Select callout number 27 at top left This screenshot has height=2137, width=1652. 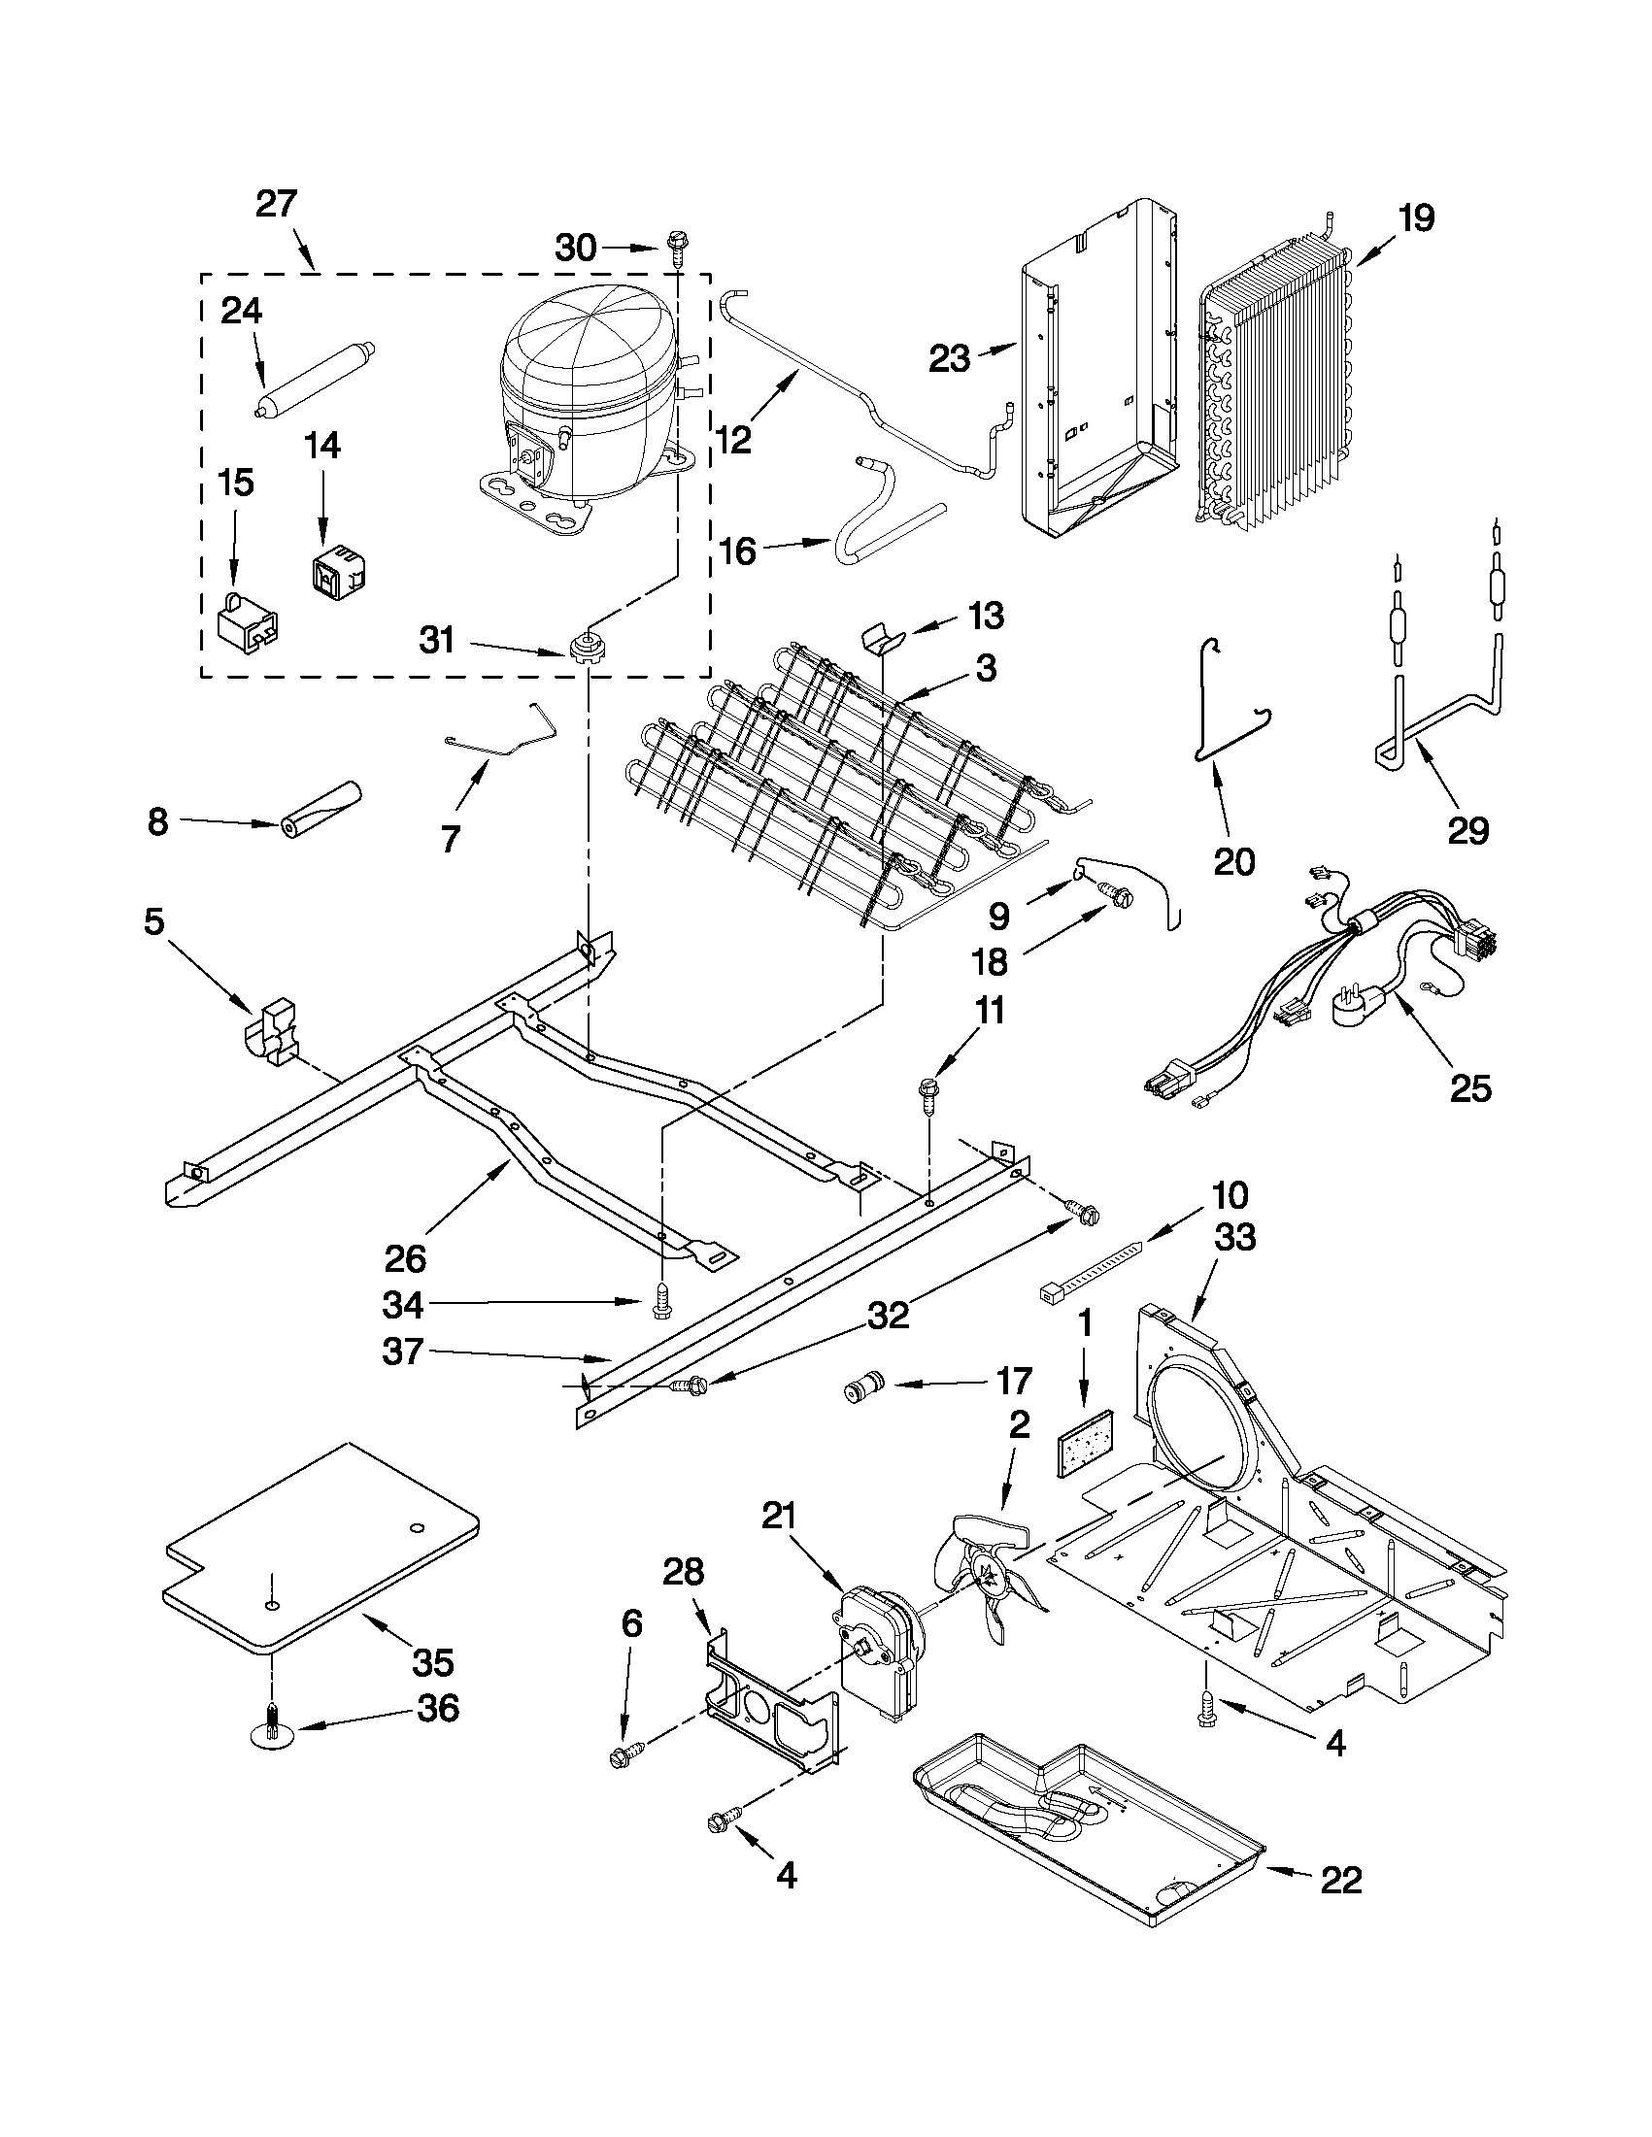pos(276,205)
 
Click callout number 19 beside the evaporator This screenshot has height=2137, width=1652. pos(1415,218)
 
